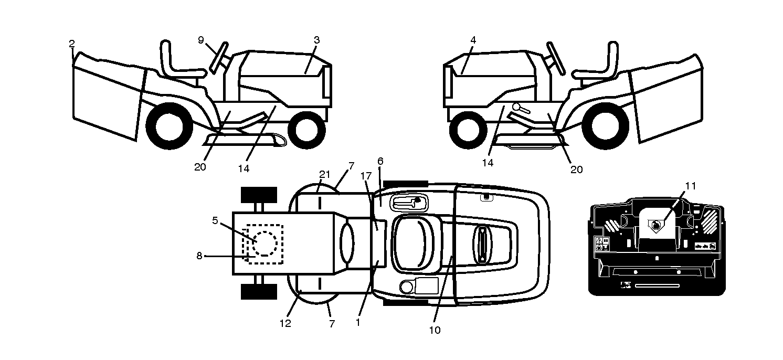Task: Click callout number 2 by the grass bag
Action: coord(72,44)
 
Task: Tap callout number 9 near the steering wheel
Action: coord(200,40)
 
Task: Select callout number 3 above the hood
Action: coord(316,40)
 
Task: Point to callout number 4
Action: coord(473,40)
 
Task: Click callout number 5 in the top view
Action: coord(215,220)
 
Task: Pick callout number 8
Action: coord(199,256)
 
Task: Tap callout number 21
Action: coord(325,174)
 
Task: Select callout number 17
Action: coord(366,176)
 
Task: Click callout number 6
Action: coord(380,161)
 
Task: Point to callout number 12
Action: coord(285,323)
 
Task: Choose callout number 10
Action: coord(435,330)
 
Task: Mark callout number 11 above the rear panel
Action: coord(690,186)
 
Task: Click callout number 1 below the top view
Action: coord(357,322)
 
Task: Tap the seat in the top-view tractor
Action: coord(413,243)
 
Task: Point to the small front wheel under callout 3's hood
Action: coord(306,130)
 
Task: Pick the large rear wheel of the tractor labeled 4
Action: coord(606,126)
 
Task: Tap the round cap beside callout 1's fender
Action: coord(406,287)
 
